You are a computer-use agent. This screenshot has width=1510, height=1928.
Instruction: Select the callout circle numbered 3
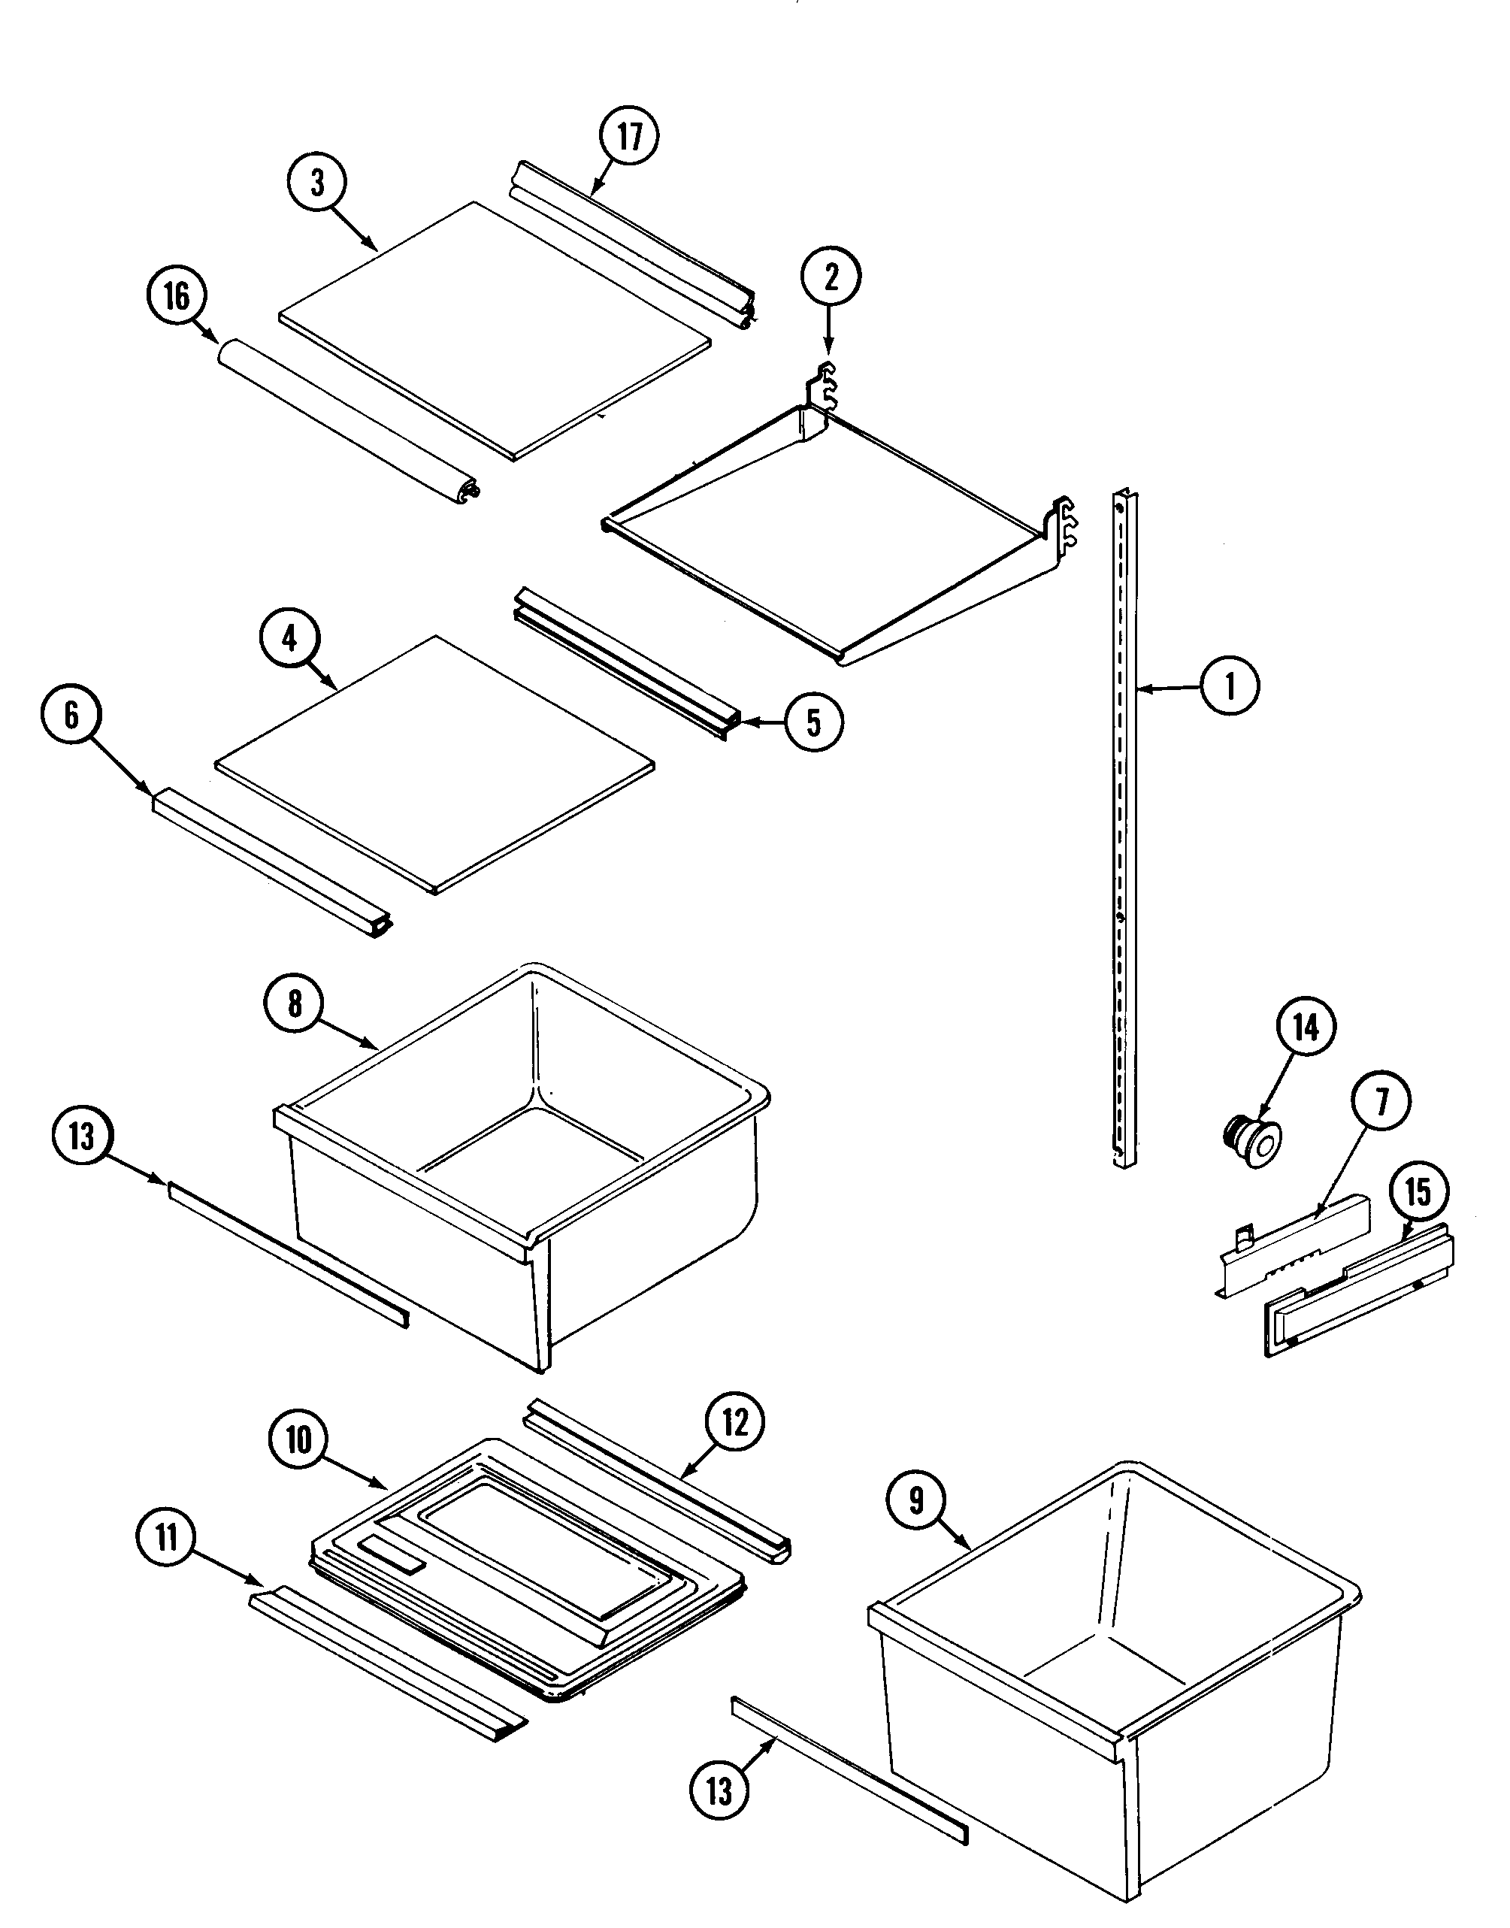316,183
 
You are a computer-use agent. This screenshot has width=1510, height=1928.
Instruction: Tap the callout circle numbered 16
177,296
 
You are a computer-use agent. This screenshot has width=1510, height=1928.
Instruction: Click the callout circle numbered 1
1230,685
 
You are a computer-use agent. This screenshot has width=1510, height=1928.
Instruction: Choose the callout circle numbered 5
813,722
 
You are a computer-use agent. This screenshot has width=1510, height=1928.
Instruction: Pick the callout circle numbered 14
1306,1028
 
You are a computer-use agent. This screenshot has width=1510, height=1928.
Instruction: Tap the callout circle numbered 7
1381,1101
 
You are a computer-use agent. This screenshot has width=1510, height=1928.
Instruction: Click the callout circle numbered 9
916,1500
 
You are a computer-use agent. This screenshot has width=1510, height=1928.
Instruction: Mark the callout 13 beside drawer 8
81,1137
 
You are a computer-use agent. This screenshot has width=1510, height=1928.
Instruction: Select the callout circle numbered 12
734,1422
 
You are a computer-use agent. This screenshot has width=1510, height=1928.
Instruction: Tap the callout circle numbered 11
166,1539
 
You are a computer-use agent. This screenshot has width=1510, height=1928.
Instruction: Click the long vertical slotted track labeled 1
1124,831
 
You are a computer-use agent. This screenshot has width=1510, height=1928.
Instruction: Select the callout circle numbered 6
71,714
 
